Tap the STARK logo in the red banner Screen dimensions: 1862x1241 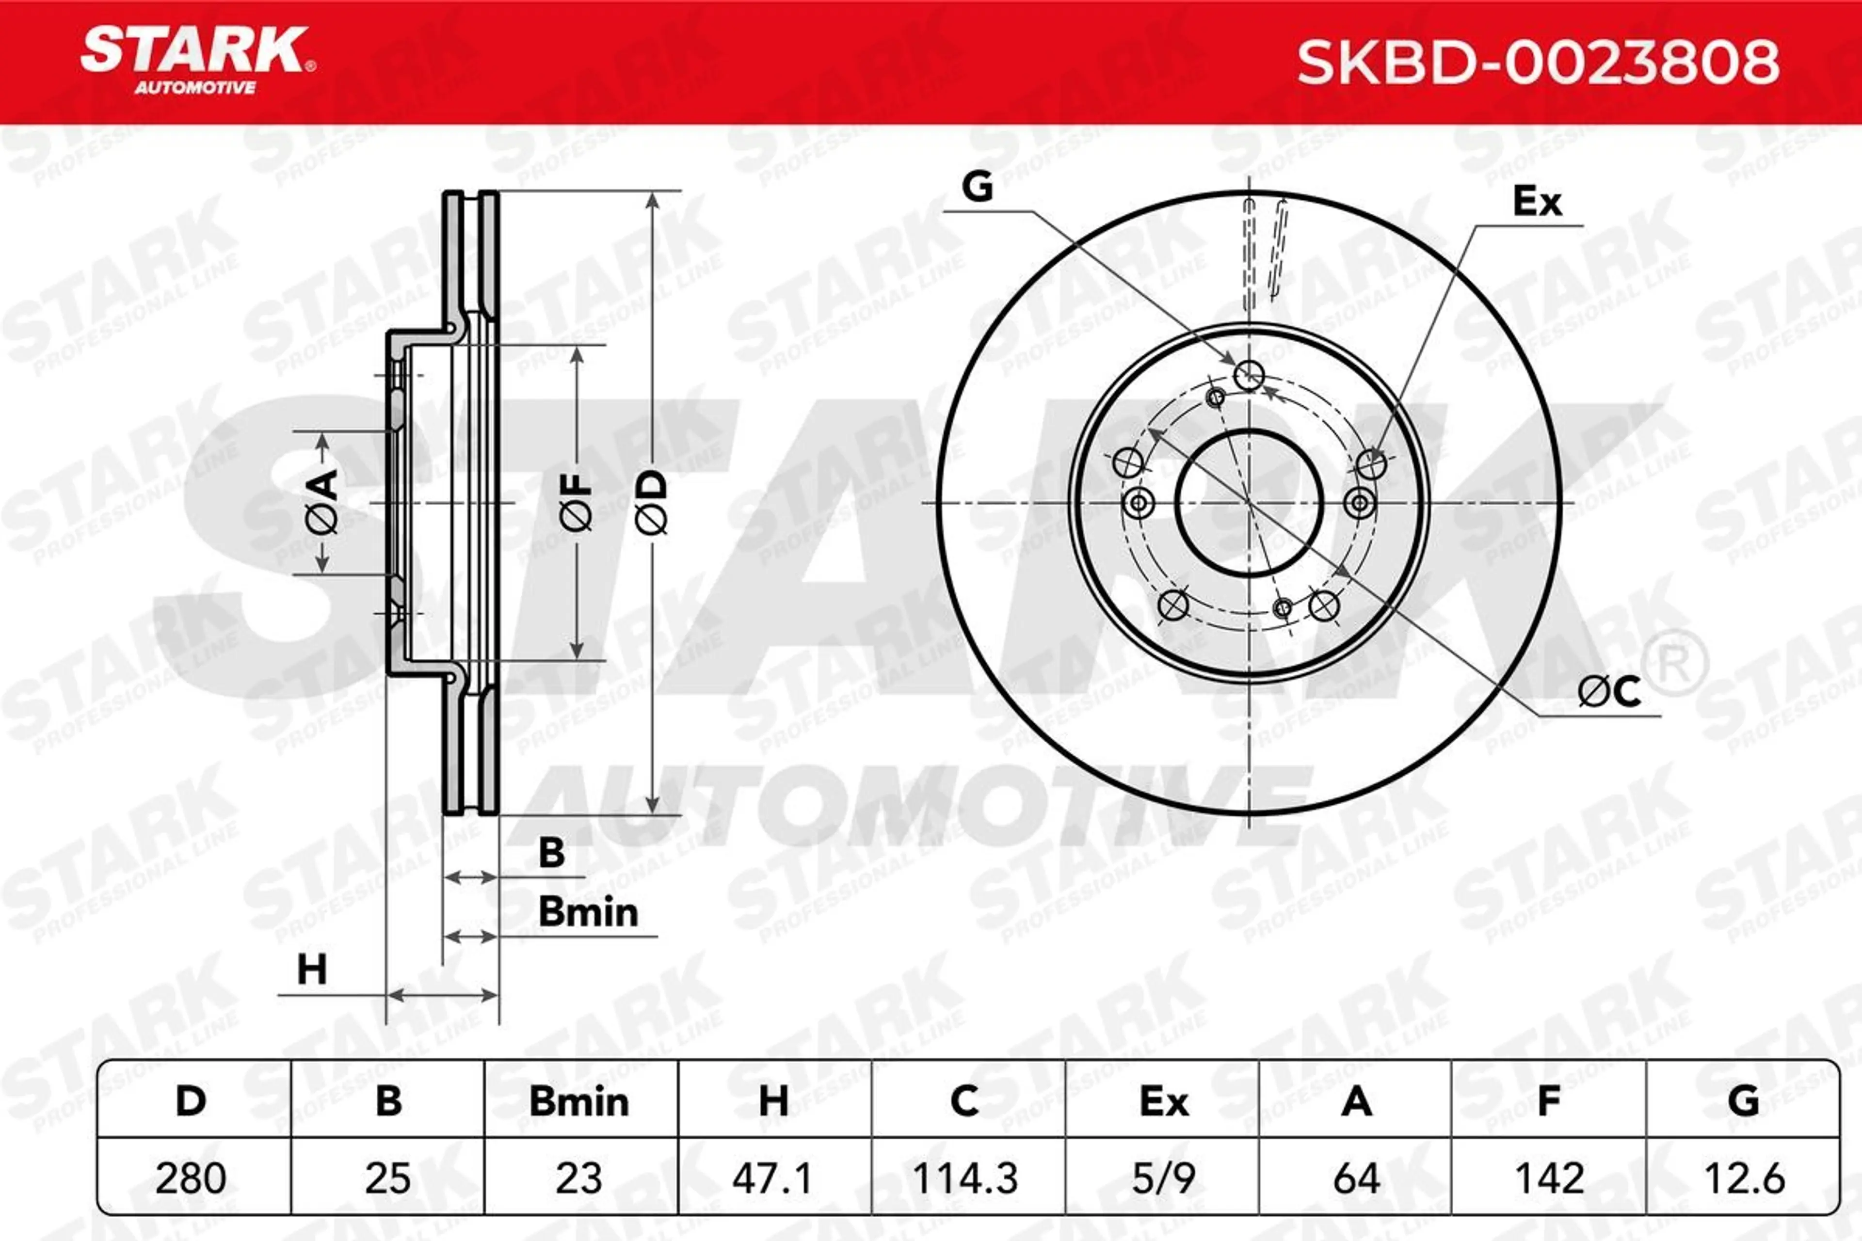coord(198,61)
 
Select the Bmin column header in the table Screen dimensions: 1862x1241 coord(578,1102)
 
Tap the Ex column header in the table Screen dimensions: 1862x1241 coord(1164,1102)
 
